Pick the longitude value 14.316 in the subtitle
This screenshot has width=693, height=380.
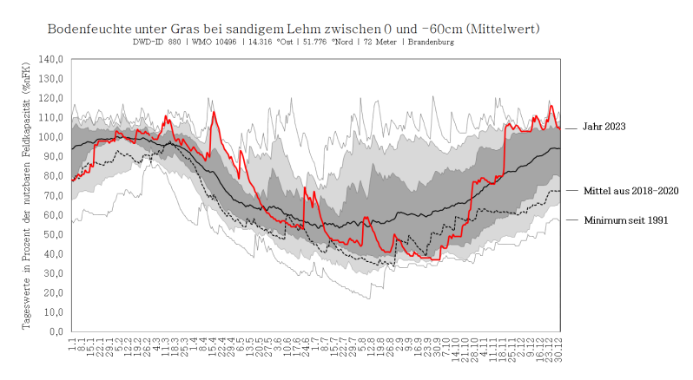point(267,42)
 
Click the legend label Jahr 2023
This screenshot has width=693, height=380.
point(604,128)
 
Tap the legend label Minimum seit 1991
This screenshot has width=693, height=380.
point(625,220)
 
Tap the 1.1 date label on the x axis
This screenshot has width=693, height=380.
point(72,344)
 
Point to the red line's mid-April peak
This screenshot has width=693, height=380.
point(214,112)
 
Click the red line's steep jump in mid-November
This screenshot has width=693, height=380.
point(505,152)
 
